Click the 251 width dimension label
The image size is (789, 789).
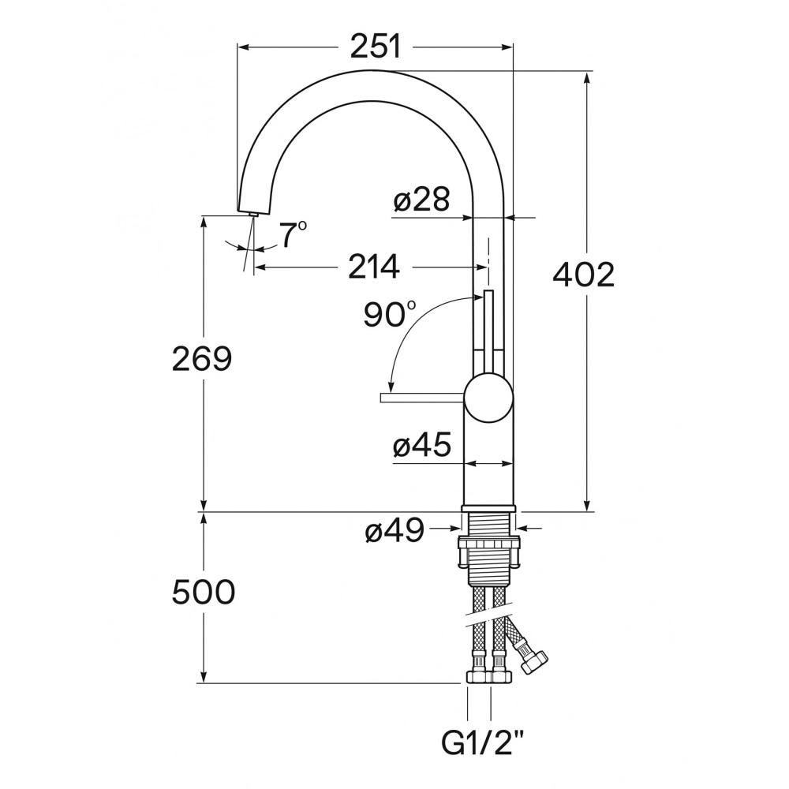[376, 47]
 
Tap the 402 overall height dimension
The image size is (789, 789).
[584, 275]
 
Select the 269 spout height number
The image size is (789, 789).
[202, 359]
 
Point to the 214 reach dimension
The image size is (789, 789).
[374, 267]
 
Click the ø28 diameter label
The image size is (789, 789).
[421, 200]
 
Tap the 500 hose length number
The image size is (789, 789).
[204, 592]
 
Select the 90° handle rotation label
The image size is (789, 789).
[390, 315]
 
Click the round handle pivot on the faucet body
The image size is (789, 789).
[489, 397]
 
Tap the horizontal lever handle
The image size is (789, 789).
[423, 398]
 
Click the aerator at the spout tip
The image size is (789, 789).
[252, 215]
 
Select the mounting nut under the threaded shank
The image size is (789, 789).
[488, 552]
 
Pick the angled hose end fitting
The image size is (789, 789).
[533, 660]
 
